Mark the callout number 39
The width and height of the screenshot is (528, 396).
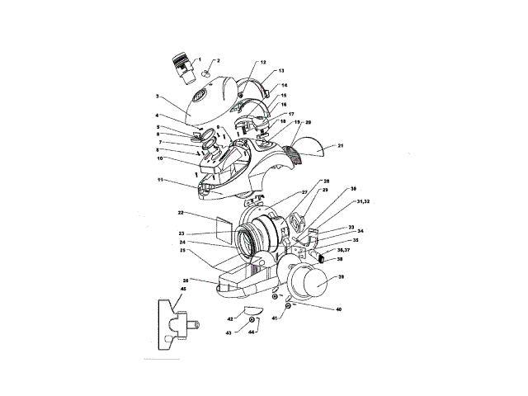(342, 277)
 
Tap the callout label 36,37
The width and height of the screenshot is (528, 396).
(343, 249)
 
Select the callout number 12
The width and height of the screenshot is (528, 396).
(263, 63)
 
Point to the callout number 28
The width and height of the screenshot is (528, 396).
(326, 181)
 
